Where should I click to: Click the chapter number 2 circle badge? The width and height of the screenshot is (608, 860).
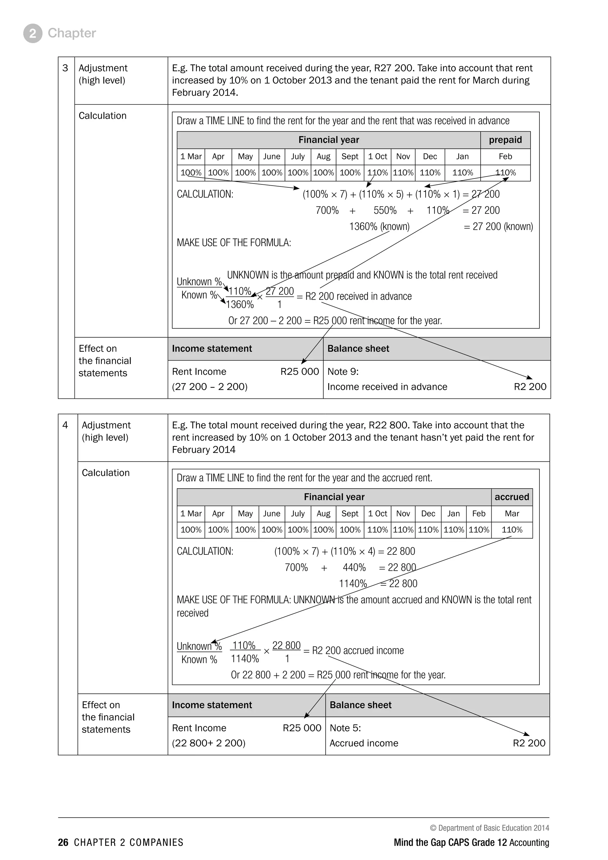click(33, 33)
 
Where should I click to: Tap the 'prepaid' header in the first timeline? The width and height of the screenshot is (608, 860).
click(505, 140)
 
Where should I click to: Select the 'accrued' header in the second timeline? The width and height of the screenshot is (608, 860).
click(512, 497)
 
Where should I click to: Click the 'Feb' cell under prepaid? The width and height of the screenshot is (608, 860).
click(505, 156)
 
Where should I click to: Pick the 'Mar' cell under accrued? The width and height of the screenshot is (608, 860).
click(512, 513)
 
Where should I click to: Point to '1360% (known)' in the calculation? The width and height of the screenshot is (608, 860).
click(379, 226)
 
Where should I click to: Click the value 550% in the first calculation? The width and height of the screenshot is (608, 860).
click(385, 210)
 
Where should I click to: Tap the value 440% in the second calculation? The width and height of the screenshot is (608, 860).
click(354, 567)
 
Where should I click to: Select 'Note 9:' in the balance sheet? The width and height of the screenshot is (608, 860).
click(343, 371)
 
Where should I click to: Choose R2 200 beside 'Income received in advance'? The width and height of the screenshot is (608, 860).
click(530, 387)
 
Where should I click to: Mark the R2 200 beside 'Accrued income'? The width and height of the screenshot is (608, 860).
click(529, 743)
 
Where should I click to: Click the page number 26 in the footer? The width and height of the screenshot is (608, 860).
click(63, 842)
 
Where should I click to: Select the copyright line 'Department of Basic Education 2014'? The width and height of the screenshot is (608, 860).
click(489, 828)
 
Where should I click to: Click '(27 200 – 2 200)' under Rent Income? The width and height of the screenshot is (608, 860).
click(210, 387)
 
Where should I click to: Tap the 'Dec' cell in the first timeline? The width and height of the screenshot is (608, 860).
click(430, 156)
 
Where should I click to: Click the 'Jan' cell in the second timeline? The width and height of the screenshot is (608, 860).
click(453, 513)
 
